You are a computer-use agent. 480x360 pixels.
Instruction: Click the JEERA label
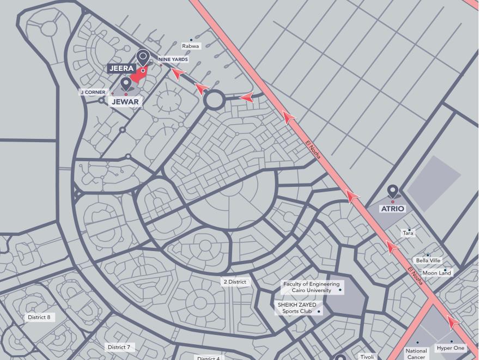pyautogui.click(x=121, y=68)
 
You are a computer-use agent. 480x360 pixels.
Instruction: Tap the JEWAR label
pyautogui.click(x=125, y=101)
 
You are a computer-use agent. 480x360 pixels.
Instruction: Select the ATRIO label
pyautogui.click(x=392, y=209)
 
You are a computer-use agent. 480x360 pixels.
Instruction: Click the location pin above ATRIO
pyautogui.click(x=392, y=191)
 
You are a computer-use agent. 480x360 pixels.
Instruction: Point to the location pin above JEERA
pyautogui.click(x=143, y=56)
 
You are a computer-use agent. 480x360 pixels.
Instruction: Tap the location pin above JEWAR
pyautogui.click(x=126, y=83)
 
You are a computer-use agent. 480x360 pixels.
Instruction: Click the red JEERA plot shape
pyautogui.click(x=139, y=75)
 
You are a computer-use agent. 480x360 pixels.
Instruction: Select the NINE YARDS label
pyautogui.click(x=173, y=59)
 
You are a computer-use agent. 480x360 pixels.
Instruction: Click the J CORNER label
pyautogui.click(x=93, y=92)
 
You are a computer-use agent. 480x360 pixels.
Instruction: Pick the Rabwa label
pyautogui.click(x=191, y=46)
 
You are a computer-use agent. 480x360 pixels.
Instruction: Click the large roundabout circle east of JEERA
pyautogui.click(x=214, y=100)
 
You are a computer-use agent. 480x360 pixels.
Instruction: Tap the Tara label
pyautogui.click(x=408, y=233)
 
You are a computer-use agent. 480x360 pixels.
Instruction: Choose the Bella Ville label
pyautogui.click(x=428, y=260)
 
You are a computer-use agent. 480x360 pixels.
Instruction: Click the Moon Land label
pyautogui.click(x=437, y=273)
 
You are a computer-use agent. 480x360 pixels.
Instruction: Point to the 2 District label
pyautogui.click(x=234, y=282)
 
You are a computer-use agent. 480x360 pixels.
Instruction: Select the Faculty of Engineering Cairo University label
pyautogui.click(x=311, y=287)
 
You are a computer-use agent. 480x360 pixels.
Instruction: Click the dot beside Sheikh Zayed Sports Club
pyautogui.click(x=319, y=312)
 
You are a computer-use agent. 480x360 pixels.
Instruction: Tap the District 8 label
pyautogui.click(x=39, y=317)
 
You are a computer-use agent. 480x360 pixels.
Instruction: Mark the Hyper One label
pyautogui.click(x=451, y=348)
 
